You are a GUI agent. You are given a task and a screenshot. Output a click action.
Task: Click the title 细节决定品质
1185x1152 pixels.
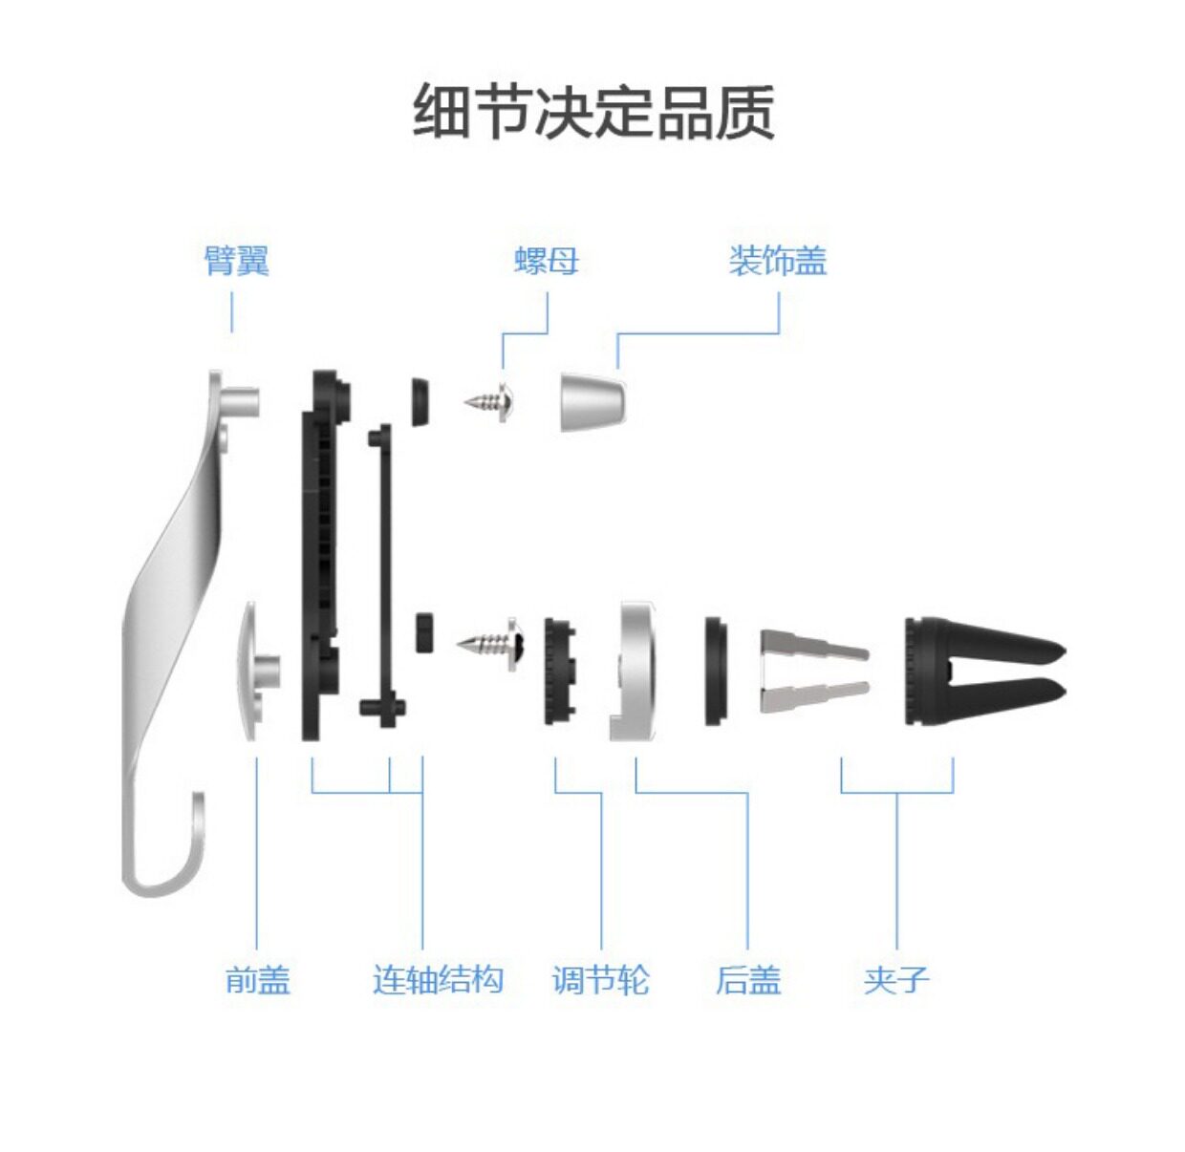pyautogui.click(x=592, y=112)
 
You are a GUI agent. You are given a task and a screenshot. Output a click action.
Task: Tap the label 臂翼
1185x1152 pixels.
pyautogui.click(x=236, y=260)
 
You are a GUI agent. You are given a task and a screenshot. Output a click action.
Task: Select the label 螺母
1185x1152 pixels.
pyautogui.click(x=547, y=260)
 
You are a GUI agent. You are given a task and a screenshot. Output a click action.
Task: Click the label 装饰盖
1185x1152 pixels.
pyautogui.click(x=777, y=260)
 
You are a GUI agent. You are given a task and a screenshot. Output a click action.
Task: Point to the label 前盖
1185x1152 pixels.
pyautogui.click(x=257, y=979)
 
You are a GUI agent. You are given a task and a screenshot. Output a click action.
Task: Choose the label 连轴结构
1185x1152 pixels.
pyautogui.click(x=438, y=979)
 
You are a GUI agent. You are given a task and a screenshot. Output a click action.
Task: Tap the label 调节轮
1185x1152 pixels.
pyautogui.click(x=600, y=979)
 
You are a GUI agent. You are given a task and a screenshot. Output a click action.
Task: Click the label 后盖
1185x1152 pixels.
pyautogui.click(x=747, y=979)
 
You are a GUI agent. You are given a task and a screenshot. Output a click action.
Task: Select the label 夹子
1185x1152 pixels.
pyautogui.click(x=895, y=979)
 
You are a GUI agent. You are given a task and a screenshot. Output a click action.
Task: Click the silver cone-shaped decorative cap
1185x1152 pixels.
pyautogui.click(x=591, y=401)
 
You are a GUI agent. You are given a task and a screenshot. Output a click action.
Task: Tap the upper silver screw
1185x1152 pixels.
pyautogui.click(x=493, y=402)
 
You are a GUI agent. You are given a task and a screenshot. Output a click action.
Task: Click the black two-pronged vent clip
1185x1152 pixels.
pyautogui.click(x=975, y=669)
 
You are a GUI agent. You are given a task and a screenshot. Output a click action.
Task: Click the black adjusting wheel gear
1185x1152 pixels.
pyautogui.click(x=558, y=671)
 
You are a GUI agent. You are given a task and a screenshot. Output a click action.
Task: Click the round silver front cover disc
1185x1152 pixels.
pyautogui.click(x=252, y=669)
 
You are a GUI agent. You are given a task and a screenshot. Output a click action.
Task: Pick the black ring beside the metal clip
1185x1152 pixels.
pyautogui.click(x=716, y=671)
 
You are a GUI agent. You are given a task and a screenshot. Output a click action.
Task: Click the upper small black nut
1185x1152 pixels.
pyautogui.click(x=419, y=401)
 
